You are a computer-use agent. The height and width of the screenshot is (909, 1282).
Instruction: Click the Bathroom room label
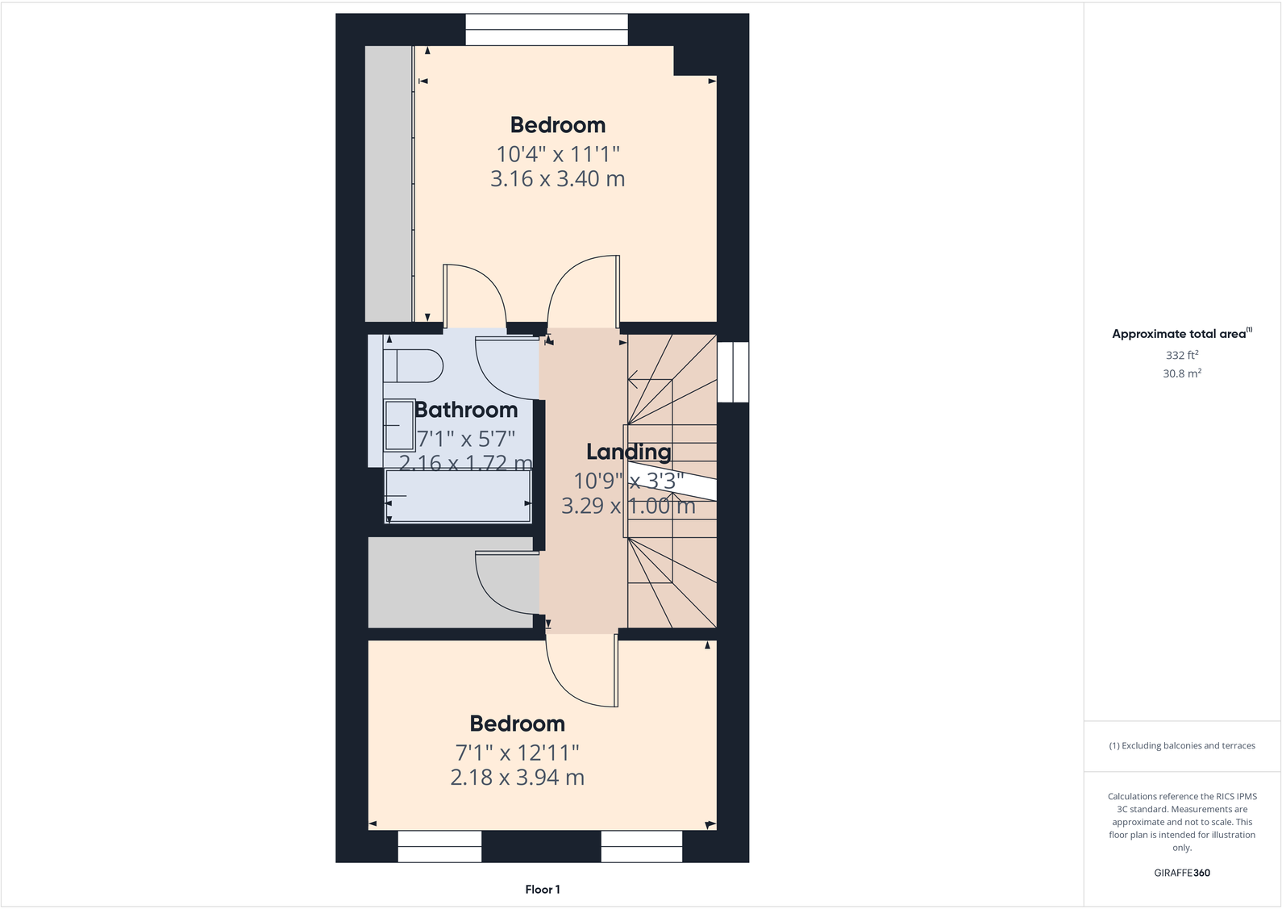(466, 410)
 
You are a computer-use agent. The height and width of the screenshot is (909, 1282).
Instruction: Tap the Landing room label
(628, 452)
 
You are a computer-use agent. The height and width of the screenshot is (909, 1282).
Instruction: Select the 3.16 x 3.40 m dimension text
(557, 178)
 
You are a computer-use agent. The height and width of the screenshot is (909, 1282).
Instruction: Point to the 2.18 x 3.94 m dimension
(517, 778)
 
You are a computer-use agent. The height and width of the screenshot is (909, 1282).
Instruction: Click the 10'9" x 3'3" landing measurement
(628, 481)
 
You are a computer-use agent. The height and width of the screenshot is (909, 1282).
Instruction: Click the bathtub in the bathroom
(458, 496)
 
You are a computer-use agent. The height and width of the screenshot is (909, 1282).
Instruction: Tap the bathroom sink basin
(398, 425)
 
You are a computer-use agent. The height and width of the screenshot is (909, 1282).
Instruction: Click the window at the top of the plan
(546, 30)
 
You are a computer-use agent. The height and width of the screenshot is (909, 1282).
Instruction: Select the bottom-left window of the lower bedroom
(439, 847)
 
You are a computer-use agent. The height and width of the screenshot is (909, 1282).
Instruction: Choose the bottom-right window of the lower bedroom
(642, 847)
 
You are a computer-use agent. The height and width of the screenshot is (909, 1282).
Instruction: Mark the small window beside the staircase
(733, 372)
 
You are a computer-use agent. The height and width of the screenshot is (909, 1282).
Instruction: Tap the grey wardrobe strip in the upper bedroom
(389, 184)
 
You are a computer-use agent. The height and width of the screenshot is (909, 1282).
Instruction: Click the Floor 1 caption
(543, 890)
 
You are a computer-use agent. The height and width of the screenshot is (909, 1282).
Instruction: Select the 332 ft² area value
(1181, 355)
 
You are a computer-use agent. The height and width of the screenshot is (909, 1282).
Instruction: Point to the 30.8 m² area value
(1181, 373)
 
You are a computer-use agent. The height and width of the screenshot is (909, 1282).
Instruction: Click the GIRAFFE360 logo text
(1181, 873)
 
